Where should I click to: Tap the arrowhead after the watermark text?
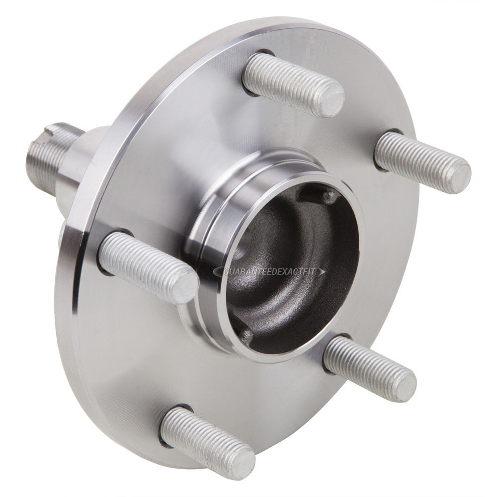coord(322,272)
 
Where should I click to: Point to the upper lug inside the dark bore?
coord(326,196)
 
